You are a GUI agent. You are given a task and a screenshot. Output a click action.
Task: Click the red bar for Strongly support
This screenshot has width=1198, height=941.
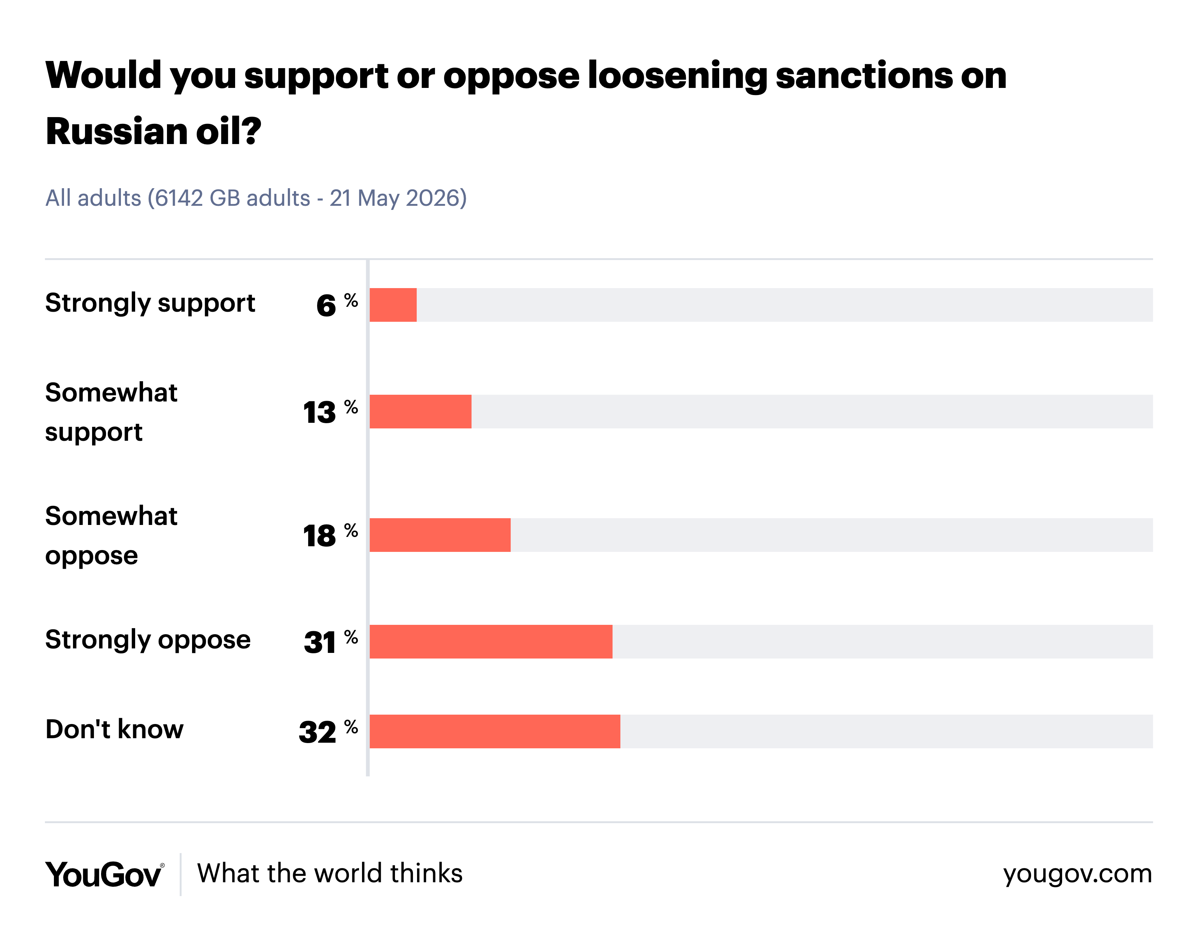click(x=393, y=305)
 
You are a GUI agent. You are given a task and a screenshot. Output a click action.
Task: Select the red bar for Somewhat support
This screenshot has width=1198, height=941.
click(x=421, y=412)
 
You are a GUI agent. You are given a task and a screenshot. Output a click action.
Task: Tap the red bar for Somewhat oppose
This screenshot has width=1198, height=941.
click(x=440, y=535)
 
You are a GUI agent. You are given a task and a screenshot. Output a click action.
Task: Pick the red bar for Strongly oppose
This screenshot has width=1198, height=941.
click(x=491, y=642)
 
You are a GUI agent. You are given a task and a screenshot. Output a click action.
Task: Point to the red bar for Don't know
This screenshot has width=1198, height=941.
click(x=495, y=731)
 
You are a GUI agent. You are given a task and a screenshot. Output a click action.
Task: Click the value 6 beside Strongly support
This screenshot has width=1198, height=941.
click(x=326, y=306)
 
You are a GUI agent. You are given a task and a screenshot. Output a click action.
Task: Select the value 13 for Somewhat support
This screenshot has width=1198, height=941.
click(x=319, y=413)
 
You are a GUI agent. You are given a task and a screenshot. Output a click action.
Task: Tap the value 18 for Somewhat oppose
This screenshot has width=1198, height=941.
click(x=319, y=536)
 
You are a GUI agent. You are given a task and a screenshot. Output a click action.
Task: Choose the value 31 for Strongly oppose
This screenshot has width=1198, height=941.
click(x=320, y=643)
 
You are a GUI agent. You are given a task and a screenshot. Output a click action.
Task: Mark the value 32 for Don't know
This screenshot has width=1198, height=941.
click(x=317, y=733)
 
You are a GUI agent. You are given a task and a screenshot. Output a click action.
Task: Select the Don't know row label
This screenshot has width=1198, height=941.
click(x=114, y=730)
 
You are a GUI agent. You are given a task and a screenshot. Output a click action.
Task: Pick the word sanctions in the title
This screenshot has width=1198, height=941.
click(x=863, y=76)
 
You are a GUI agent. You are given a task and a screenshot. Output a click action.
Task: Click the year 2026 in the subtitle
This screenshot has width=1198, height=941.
click(x=432, y=198)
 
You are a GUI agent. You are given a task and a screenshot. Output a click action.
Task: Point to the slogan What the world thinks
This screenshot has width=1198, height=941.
click(x=330, y=874)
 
